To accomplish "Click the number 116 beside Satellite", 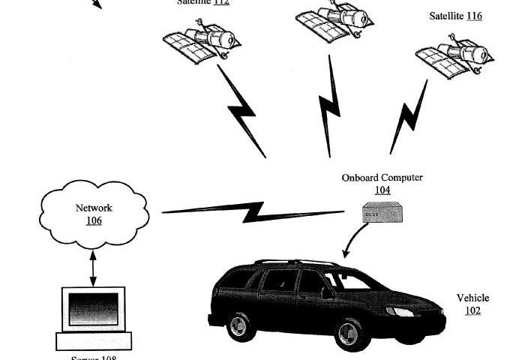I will click(474, 16).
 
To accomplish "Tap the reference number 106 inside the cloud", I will click(94, 220).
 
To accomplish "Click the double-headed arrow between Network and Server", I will click(94, 268).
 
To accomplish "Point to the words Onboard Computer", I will click(382, 178).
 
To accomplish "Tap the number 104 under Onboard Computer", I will click(382, 190).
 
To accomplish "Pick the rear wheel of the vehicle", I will click(238, 326).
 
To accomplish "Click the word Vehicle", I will click(472, 298).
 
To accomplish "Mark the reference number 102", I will click(472, 310).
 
